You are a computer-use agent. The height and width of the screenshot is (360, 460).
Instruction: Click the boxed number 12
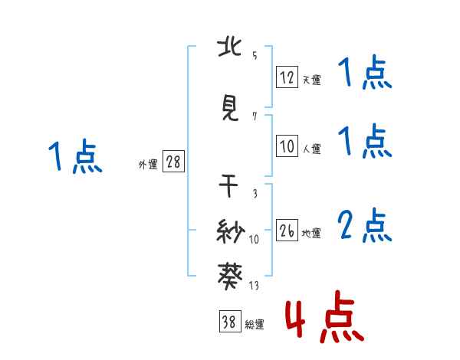coord(287,77)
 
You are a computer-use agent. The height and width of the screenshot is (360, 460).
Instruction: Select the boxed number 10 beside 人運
coord(287,146)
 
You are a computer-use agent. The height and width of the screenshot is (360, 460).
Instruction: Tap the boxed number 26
coord(287,231)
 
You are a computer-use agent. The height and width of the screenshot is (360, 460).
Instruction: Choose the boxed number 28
coord(173,162)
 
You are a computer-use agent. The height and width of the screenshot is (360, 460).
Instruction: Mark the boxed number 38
coord(228,322)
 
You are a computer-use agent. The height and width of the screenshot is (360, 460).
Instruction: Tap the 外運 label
coord(148,164)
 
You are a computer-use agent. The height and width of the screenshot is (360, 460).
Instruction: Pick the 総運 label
coord(254,325)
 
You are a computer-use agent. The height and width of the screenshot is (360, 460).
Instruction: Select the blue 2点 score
coord(365,225)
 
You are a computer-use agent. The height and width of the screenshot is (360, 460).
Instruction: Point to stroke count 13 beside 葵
coord(254,286)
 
